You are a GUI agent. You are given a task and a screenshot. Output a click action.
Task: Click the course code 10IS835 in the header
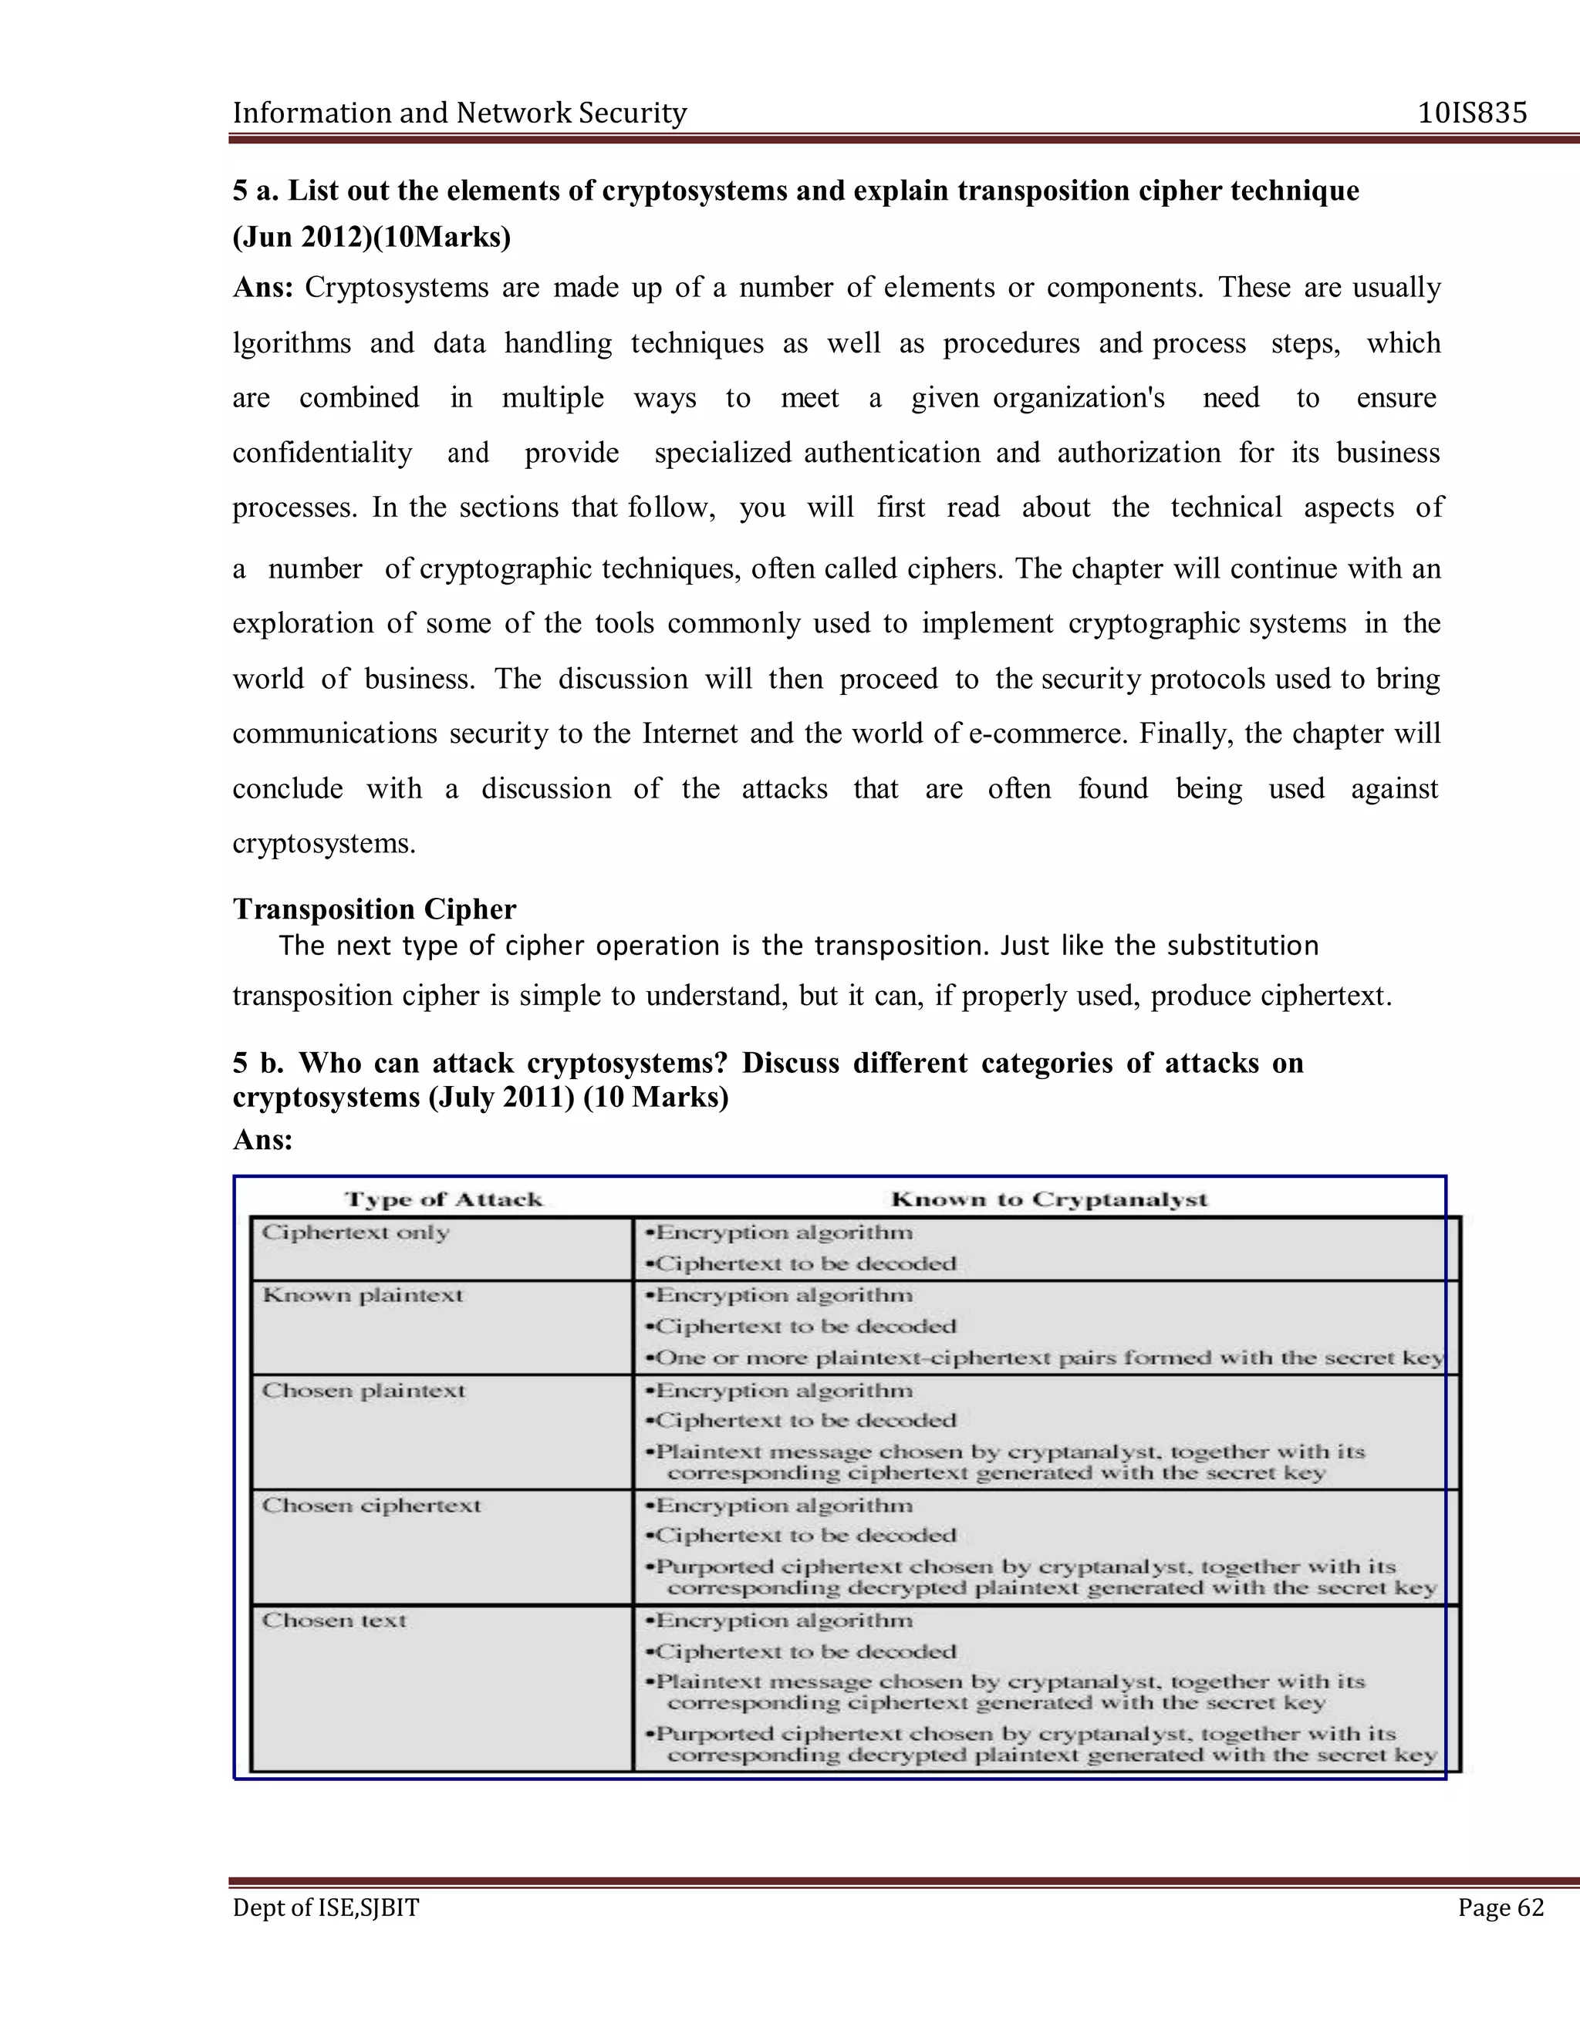tap(1472, 113)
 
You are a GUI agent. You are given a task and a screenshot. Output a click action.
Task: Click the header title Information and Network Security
tap(460, 113)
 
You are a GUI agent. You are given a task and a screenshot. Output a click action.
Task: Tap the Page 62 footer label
tap(1501, 1907)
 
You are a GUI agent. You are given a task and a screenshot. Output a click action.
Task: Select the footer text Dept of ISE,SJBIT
tap(326, 1907)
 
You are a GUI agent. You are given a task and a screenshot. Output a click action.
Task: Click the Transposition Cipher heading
tap(374, 909)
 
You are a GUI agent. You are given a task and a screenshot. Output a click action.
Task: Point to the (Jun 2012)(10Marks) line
tap(372, 237)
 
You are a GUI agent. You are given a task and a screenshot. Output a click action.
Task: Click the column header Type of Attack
tap(444, 1200)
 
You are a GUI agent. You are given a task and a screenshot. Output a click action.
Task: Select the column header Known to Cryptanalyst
tap(1049, 1200)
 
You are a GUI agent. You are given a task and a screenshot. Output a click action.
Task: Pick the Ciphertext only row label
tap(356, 1233)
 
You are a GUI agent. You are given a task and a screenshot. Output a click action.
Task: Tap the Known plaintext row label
tap(363, 1295)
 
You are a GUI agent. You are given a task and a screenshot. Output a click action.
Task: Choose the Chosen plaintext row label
tap(363, 1391)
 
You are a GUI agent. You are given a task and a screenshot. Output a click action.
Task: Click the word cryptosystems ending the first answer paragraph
tap(323, 844)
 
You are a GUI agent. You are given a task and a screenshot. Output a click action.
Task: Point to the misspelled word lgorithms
tap(291, 343)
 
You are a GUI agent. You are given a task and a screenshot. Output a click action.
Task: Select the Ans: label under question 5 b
tap(262, 1139)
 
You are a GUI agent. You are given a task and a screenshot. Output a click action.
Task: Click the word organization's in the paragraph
tap(1079, 399)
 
